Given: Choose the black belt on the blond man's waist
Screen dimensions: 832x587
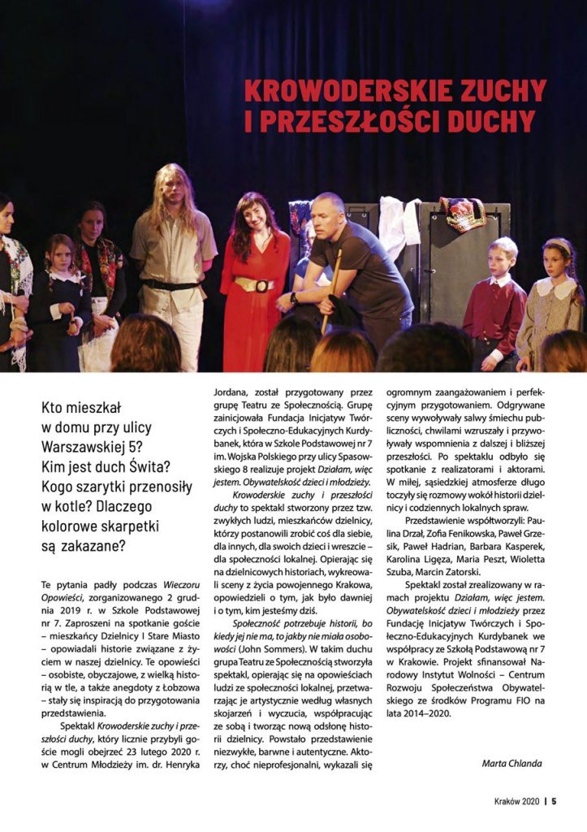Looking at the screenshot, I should [x=173, y=284].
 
